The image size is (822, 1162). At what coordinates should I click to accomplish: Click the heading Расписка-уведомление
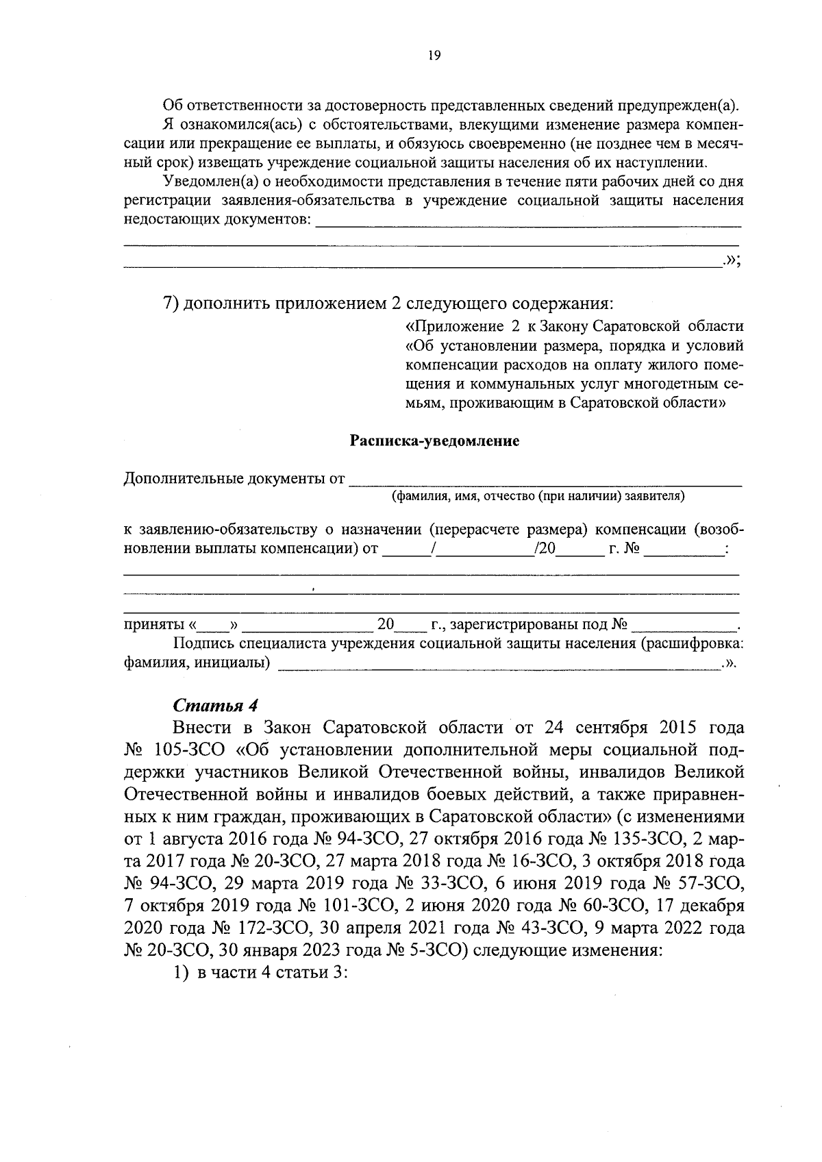pyautogui.click(x=434, y=441)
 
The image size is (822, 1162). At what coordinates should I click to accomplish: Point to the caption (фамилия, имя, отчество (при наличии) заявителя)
pyautogui.click(x=538, y=495)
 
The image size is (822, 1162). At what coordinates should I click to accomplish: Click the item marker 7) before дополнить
pyautogui.click(x=171, y=303)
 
